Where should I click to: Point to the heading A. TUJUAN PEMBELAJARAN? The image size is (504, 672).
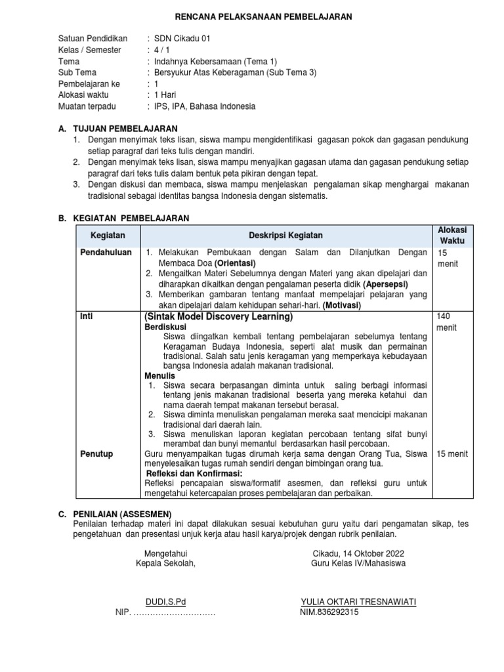click(x=117, y=129)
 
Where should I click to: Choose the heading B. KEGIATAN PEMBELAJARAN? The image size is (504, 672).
click(x=124, y=218)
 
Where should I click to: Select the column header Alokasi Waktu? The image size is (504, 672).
click(x=451, y=235)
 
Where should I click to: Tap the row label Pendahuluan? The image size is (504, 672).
click(x=106, y=252)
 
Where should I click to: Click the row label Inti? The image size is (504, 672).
click(x=86, y=316)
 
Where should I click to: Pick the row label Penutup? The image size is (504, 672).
click(x=96, y=453)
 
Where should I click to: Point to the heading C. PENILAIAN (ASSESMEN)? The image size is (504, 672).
click(x=115, y=513)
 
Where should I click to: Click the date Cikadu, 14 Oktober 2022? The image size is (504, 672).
click(x=358, y=553)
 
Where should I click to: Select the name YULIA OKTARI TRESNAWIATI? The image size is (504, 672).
click(x=358, y=602)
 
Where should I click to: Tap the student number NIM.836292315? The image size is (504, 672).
click(x=329, y=613)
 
